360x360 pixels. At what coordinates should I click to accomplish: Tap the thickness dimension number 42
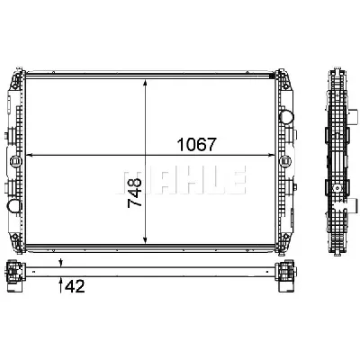click(76, 288)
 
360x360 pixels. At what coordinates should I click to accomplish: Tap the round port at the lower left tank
click(15, 206)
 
